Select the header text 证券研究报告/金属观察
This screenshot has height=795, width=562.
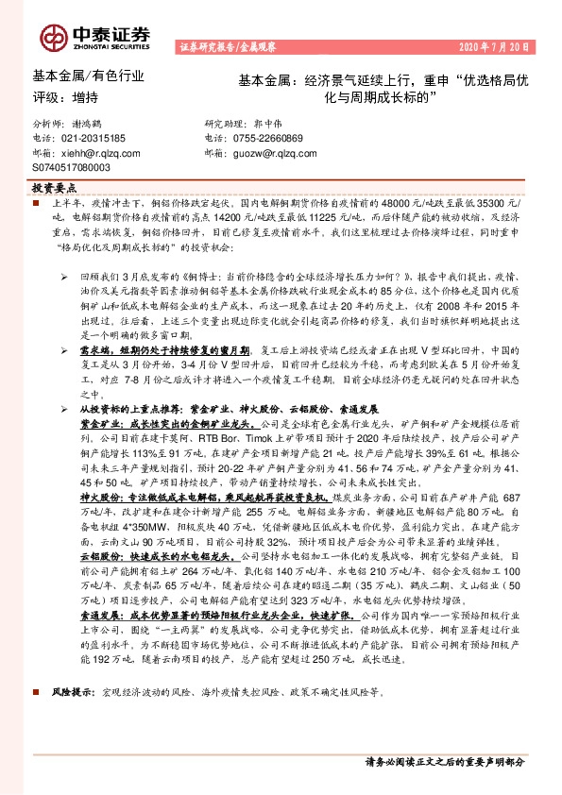[x=226, y=46]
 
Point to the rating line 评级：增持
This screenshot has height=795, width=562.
[x=65, y=97]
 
